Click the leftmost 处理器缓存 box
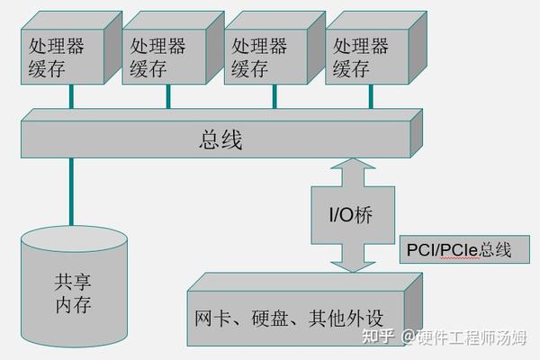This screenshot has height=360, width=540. click(x=57, y=56)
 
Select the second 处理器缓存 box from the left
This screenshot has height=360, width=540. click(x=157, y=56)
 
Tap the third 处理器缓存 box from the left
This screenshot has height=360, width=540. click(x=259, y=56)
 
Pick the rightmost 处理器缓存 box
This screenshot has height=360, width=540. click(x=361, y=56)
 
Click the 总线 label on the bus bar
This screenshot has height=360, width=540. click(x=220, y=140)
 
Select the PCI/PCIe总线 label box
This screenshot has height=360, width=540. click(x=459, y=249)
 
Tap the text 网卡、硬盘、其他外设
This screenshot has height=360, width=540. click(x=288, y=319)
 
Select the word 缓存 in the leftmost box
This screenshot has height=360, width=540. click(x=48, y=68)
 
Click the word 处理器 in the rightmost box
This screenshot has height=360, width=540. click(x=361, y=45)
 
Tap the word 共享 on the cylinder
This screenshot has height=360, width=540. click(x=73, y=280)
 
